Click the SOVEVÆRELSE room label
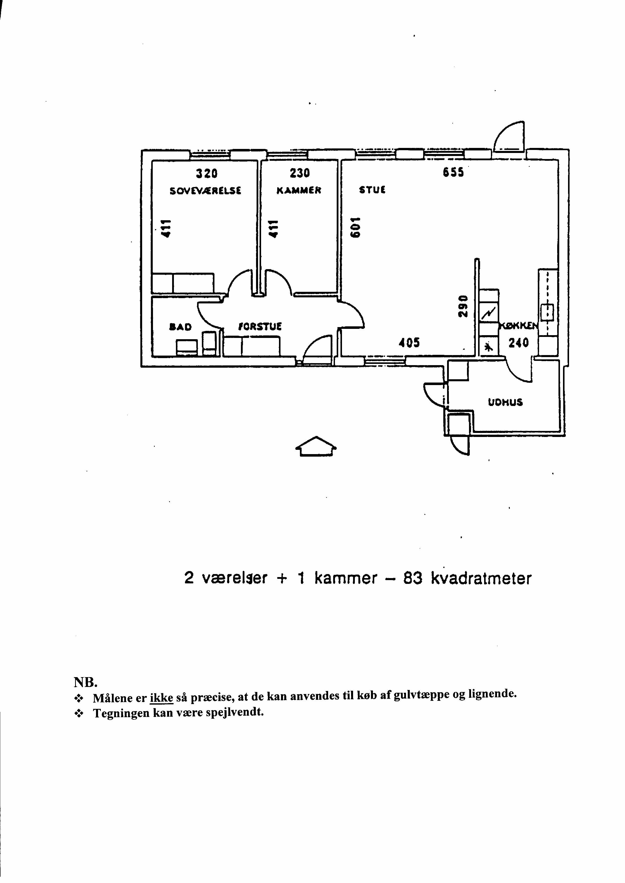pos(205,191)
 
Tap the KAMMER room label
pos(299,191)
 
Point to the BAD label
pos(180,327)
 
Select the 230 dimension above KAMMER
pos(300,174)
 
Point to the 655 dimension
pos(453,173)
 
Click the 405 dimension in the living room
pos(409,342)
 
